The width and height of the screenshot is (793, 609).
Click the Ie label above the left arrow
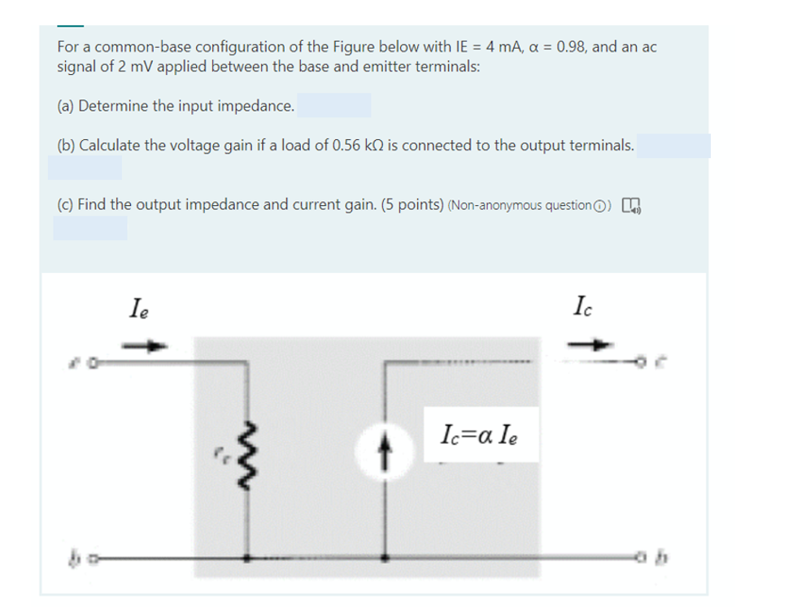coord(139,309)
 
